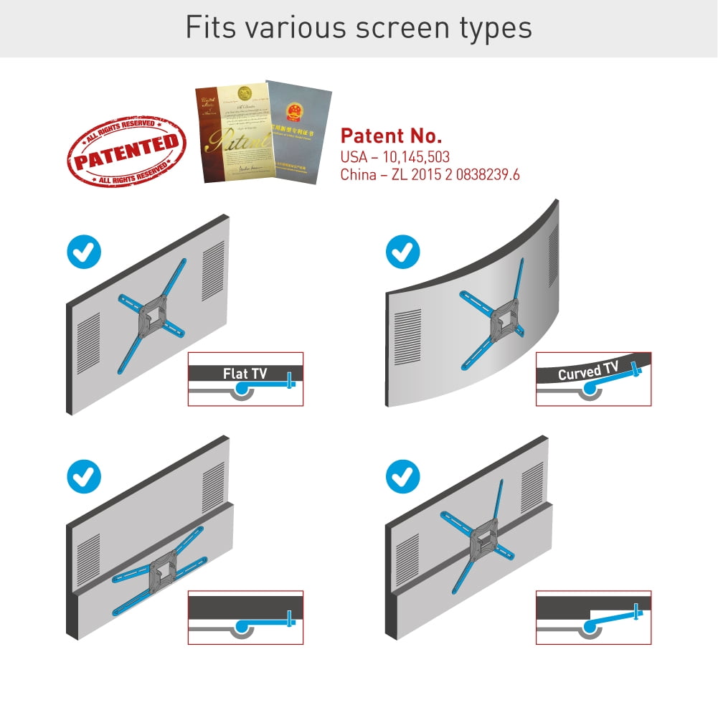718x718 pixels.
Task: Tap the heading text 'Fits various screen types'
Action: point(359,27)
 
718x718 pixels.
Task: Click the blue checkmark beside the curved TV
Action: point(403,252)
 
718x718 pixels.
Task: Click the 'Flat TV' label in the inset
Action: point(245,374)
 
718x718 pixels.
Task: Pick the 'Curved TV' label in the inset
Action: point(587,372)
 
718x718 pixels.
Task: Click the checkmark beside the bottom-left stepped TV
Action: point(84,476)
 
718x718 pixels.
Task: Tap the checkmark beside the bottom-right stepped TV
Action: point(403,476)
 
